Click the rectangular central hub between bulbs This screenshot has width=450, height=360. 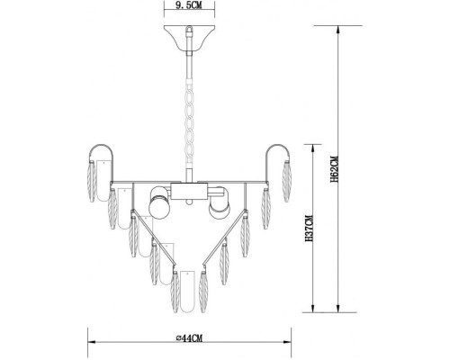(x=190, y=190)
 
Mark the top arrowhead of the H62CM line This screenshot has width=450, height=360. (x=337, y=27)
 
